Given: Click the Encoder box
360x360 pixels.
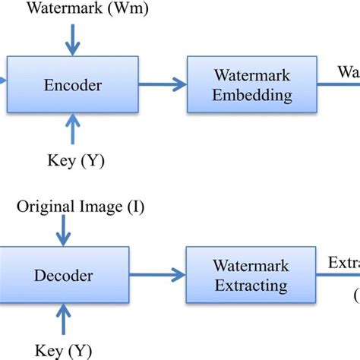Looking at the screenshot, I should tap(72, 86).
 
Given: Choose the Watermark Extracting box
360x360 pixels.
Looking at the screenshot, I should tap(250, 275).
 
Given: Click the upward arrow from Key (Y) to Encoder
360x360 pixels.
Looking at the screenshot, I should tap(72, 129).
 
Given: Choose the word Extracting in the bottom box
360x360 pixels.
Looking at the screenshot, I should tap(250, 286).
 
